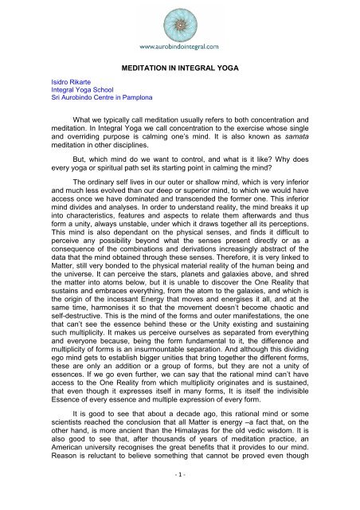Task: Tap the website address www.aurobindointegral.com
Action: point(179,46)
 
